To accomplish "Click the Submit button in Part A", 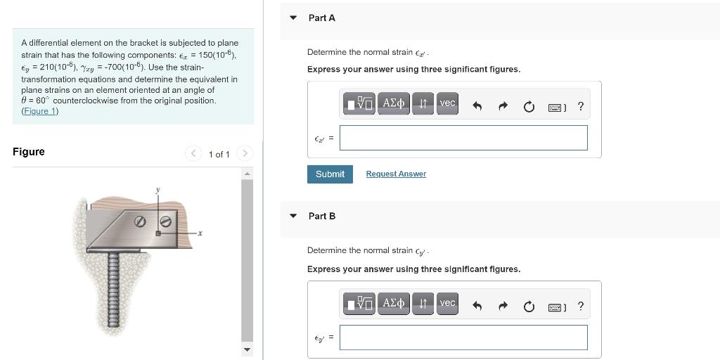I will (x=330, y=174).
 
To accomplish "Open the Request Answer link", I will (x=396, y=174).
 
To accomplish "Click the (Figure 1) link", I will (x=40, y=111).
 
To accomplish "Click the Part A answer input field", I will (x=463, y=138).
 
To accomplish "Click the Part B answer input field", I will (x=463, y=337).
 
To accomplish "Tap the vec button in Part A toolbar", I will (x=447, y=103).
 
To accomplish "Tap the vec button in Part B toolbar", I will (x=447, y=303).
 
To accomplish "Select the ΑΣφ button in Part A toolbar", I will (x=393, y=103).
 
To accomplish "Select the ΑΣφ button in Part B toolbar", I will (x=393, y=303).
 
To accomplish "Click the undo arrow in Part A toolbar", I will (x=477, y=107).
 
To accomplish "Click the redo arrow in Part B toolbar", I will (x=503, y=307).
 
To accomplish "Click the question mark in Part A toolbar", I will (x=580, y=107).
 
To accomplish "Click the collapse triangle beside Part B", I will (x=293, y=216).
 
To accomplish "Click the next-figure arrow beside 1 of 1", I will (x=245, y=153).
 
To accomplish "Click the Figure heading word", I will (x=29, y=152).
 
